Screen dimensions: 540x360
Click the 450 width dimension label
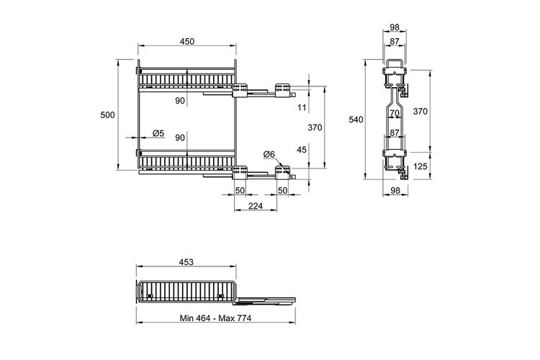187,41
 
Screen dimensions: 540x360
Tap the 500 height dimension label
107,114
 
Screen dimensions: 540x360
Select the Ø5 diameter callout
158,133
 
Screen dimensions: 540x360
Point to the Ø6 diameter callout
269,154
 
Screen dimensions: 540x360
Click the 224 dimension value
256,206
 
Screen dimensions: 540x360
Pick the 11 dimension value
302,107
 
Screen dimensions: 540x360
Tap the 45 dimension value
302,150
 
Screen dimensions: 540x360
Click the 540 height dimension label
356,120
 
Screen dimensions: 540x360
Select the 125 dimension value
420,167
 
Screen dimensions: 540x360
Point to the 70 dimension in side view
395,113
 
